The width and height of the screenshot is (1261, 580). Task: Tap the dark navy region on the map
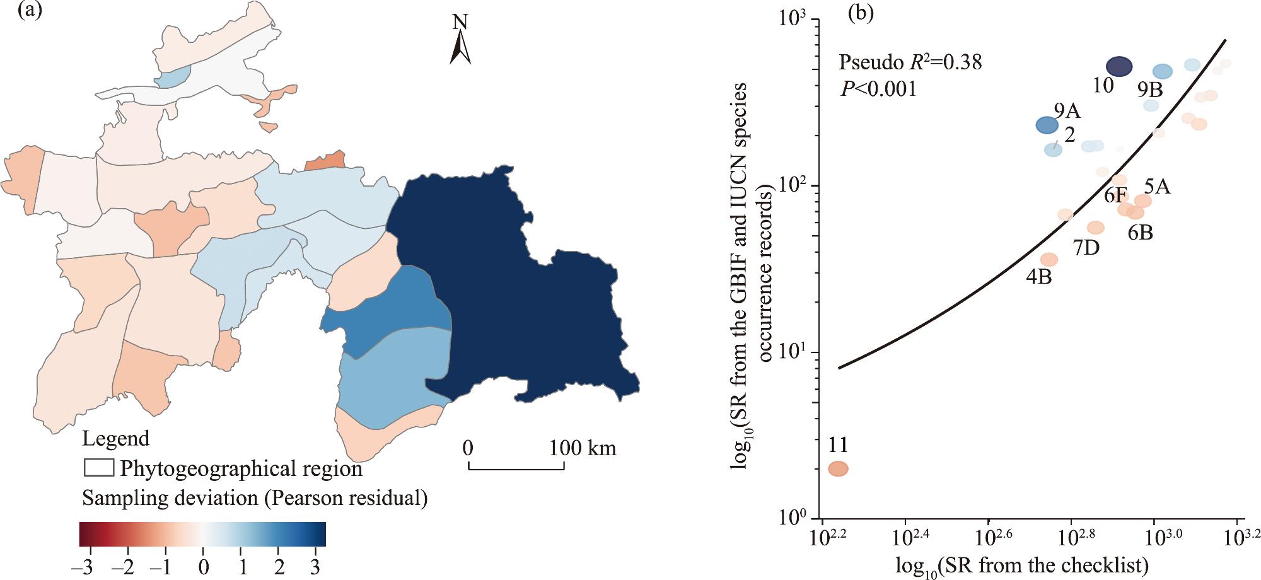(x=517, y=296)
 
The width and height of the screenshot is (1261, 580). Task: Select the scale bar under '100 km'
(x=516, y=467)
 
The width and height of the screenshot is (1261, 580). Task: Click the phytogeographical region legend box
(x=99, y=468)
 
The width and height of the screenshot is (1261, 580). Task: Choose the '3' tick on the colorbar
(x=317, y=565)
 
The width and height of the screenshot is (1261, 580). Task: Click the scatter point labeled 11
(x=838, y=468)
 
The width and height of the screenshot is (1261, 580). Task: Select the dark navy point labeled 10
(x=1119, y=66)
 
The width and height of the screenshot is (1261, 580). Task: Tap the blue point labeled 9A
(x=1047, y=125)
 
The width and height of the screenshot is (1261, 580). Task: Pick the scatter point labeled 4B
(x=1049, y=259)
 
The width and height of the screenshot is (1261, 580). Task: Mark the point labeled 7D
(x=1096, y=228)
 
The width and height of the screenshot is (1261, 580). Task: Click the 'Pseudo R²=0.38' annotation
(x=910, y=62)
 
